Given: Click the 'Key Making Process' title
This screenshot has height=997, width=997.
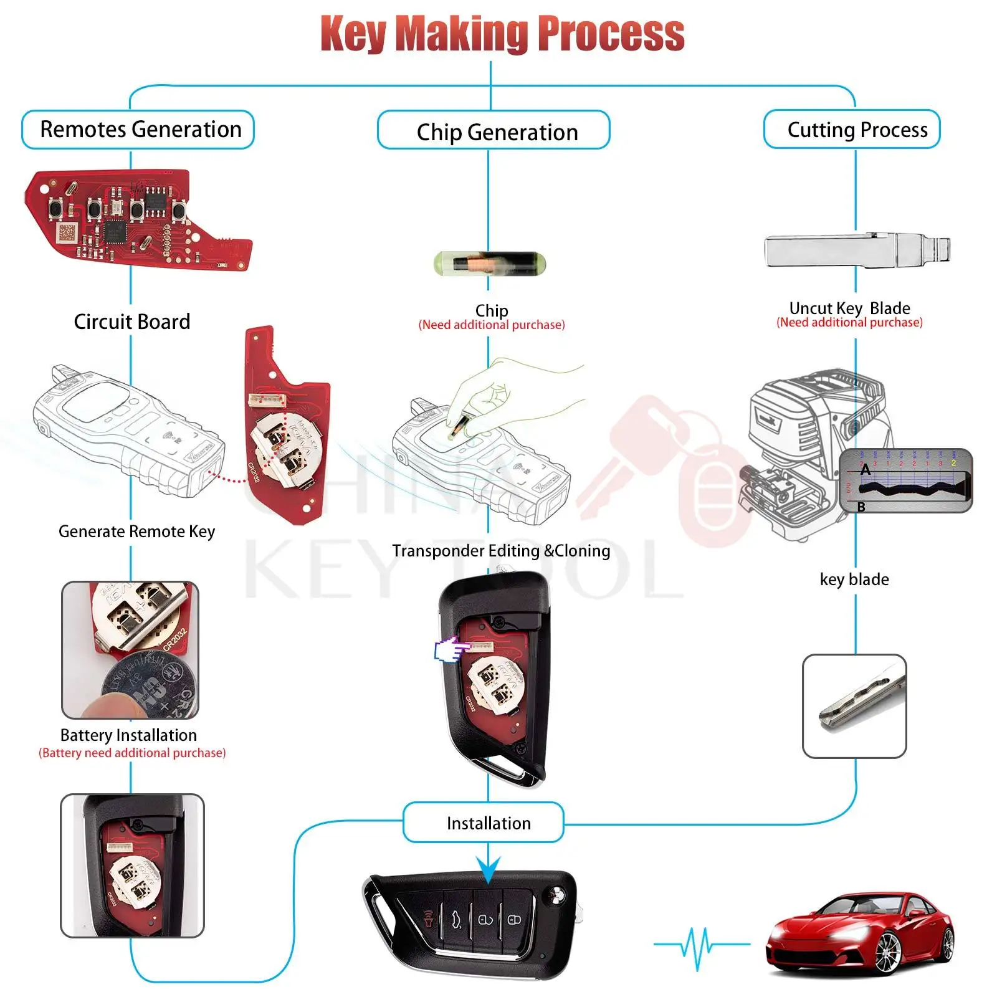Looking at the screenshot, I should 502,34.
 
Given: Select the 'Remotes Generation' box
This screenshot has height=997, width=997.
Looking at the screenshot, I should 138,130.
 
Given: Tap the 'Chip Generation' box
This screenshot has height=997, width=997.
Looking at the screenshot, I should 494,131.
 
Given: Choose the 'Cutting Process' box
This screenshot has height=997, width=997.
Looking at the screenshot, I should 852,130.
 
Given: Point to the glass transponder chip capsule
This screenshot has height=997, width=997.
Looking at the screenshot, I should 489,263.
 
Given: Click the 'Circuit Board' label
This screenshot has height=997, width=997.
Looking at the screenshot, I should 131,322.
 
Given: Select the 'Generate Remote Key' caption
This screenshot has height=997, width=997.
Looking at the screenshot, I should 136,532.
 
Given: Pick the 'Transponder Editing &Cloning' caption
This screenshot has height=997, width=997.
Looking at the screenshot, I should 501,551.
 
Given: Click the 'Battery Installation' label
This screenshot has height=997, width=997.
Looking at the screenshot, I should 128,735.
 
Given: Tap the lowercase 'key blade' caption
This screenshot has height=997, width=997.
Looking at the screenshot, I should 854,580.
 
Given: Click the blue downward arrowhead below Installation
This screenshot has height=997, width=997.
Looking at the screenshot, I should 489,869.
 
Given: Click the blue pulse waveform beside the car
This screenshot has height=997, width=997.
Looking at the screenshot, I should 700,946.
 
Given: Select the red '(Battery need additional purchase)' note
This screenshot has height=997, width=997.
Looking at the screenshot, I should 132,753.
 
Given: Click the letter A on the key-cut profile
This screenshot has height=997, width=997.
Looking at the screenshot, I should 866,470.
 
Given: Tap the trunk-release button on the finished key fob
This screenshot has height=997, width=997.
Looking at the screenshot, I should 457,919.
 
